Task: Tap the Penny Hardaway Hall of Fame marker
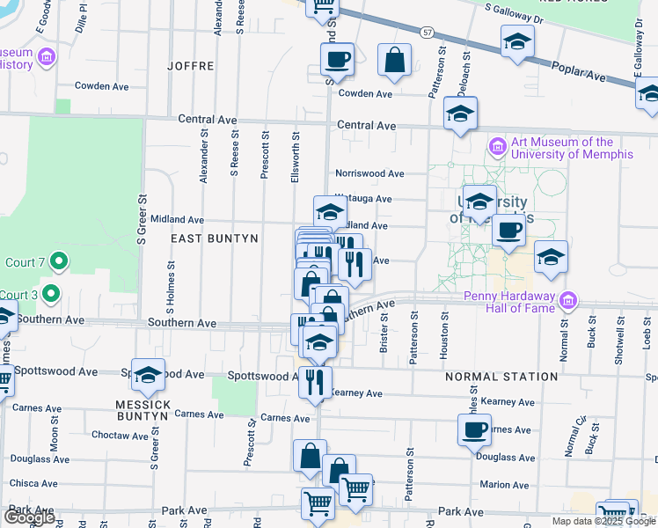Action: tap(569, 301)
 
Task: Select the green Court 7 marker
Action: tap(58, 261)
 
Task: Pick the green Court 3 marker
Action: tap(52, 293)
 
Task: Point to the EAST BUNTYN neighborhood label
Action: tap(215, 238)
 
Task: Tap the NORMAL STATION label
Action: tap(501, 377)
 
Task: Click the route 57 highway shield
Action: tap(427, 32)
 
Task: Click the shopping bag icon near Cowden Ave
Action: tap(395, 60)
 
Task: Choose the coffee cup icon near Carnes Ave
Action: tap(474, 429)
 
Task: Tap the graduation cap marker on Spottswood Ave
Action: tap(149, 375)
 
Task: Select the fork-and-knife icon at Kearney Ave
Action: tap(315, 381)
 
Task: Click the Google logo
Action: tap(30, 517)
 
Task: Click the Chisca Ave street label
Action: tap(33, 483)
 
